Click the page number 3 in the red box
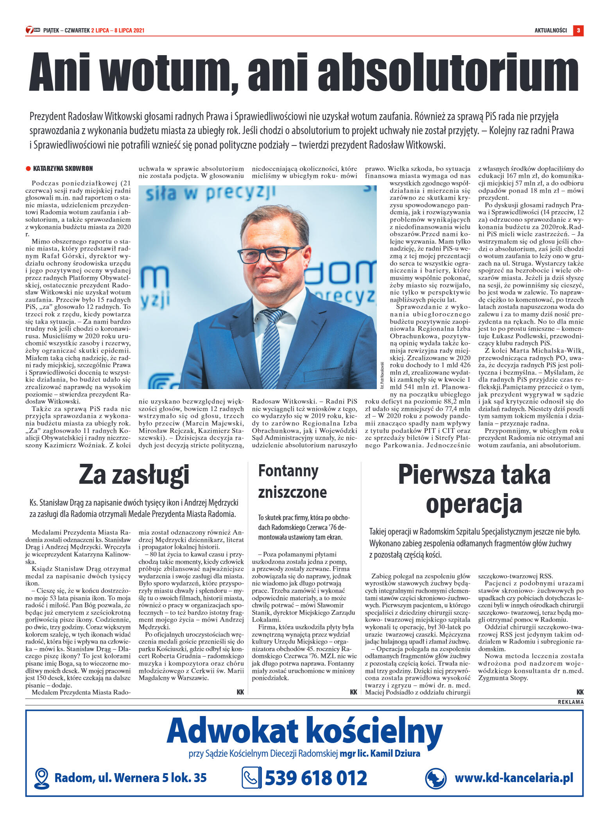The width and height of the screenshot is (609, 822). click(x=578, y=31)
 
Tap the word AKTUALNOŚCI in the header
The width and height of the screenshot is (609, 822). click(x=550, y=31)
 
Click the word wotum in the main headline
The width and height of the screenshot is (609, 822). click(x=170, y=72)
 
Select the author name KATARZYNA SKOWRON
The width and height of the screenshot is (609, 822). click(x=63, y=169)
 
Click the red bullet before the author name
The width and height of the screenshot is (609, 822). click(x=28, y=169)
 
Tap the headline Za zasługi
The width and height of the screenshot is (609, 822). click(x=134, y=475)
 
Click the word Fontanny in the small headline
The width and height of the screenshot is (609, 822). click(x=288, y=471)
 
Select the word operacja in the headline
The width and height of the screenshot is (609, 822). click(x=474, y=504)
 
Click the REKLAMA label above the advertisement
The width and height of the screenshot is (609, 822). click(x=570, y=702)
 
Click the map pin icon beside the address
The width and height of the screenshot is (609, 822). click(x=41, y=778)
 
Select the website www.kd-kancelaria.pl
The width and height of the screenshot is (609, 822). click(x=514, y=778)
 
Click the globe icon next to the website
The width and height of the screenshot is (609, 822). click(x=435, y=778)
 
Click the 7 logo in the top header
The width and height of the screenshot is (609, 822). click(x=30, y=30)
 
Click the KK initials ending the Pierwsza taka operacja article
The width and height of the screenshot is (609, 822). click(x=580, y=692)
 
